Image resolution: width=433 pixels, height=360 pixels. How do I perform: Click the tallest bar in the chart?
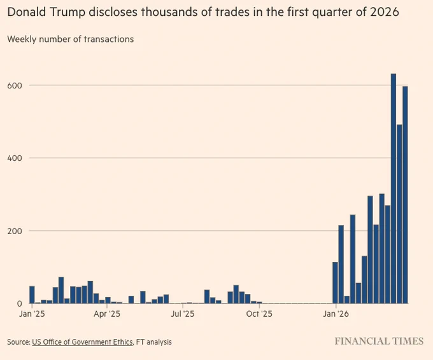pyautogui.click(x=394, y=188)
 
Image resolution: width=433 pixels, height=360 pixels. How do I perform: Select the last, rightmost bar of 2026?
pyautogui.click(x=405, y=195)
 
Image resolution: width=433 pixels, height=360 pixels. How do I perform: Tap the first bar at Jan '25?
pyautogui.click(x=32, y=294)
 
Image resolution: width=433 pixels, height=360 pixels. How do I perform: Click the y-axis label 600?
pyautogui.click(x=15, y=85)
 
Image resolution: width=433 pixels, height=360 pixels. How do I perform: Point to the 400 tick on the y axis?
pyautogui.click(x=15, y=158)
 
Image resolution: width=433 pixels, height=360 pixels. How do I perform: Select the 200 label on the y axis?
pyautogui.click(x=15, y=231)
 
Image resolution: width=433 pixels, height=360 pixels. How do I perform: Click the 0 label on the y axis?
pyautogui.click(x=19, y=303)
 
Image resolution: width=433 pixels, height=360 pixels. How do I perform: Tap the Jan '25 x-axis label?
pyautogui.click(x=32, y=314)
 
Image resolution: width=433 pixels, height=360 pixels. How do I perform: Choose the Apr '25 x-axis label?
pyautogui.click(x=107, y=314)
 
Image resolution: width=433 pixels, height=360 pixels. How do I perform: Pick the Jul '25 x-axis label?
pyautogui.click(x=183, y=314)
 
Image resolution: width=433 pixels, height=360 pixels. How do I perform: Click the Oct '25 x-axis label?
pyautogui.click(x=259, y=314)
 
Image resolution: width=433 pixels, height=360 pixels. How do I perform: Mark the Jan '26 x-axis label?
pyautogui.click(x=336, y=314)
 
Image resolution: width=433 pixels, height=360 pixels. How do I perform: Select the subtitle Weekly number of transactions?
pyautogui.click(x=71, y=39)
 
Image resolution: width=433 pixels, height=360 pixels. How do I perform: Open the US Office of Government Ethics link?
pyautogui.click(x=82, y=342)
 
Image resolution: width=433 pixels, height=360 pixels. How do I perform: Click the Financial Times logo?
pyautogui.click(x=379, y=342)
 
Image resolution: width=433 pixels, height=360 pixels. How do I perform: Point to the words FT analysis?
pyautogui.click(x=154, y=342)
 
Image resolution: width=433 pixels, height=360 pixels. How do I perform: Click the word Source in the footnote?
pyautogui.click(x=18, y=342)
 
